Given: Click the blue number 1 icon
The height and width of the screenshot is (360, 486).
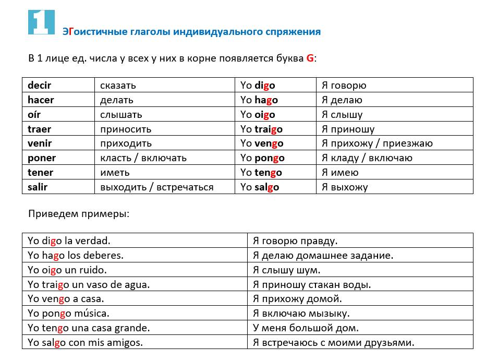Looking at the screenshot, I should (41, 22).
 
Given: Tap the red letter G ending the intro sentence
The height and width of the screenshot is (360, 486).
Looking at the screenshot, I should (310, 58).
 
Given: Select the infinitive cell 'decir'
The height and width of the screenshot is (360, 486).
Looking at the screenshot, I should (40, 86).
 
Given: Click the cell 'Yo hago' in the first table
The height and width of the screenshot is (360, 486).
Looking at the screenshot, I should (259, 100).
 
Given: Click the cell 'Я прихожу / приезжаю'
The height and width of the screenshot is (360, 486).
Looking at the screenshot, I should (377, 143).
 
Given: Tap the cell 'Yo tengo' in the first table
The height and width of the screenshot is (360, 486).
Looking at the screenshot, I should (261, 173).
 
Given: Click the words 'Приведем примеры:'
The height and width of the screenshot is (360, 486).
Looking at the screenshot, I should (78, 214).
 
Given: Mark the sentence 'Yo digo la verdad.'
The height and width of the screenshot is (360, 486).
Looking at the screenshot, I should (69, 241).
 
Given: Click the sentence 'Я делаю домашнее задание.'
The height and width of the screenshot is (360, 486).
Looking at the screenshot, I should (323, 255).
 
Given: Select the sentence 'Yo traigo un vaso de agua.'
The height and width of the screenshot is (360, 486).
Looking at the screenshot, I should (89, 284).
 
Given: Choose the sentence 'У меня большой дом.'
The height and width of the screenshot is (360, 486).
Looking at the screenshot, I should (306, 328).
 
